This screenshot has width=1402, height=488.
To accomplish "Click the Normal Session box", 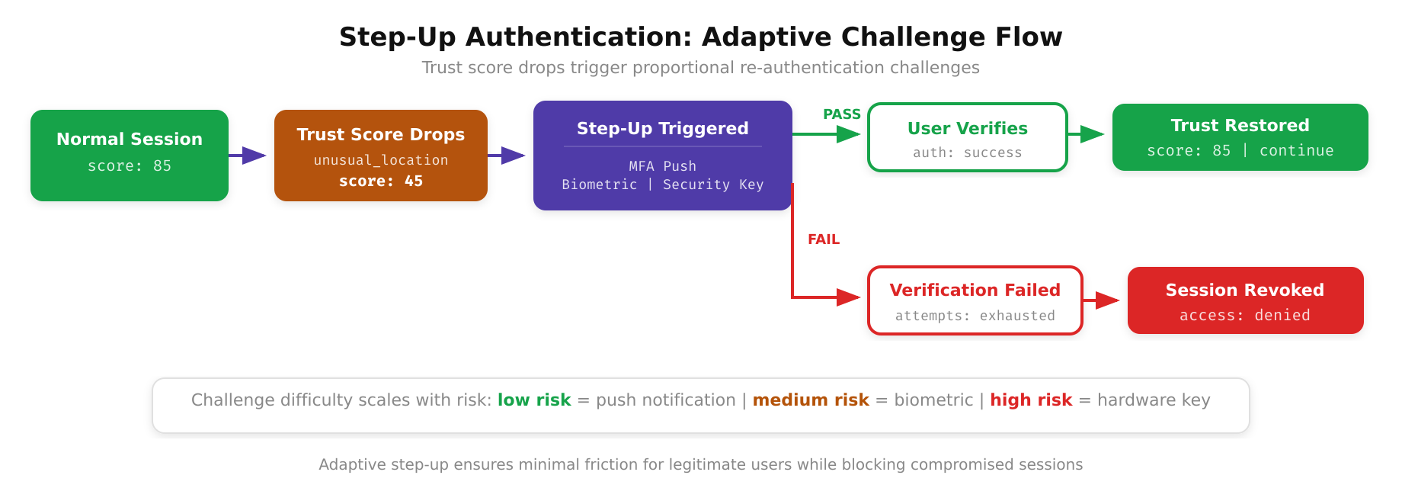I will (x=130, y=155).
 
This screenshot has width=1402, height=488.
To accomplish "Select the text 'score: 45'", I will (x=381, y=181).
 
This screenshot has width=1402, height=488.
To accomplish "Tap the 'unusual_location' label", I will (x=381, y=160).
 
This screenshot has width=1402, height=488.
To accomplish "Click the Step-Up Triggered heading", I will (x=662, y=128).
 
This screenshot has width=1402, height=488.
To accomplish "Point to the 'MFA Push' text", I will (x=662, y=166).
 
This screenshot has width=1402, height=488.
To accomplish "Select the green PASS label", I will (x=841, y=114).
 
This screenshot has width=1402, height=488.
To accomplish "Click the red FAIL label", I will (x=824, y=239).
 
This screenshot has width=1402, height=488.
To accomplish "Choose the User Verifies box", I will (x=968, y=137).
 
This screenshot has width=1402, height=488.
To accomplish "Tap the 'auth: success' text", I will (x=968, y=152).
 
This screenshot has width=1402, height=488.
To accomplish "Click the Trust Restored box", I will (x=1240, y=137).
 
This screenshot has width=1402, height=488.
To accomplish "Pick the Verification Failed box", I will (x=975, y=300).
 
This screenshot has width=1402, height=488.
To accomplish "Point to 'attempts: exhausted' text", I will (x=975, y=316).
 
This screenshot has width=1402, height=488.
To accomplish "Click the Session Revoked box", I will (x=1245, y=300).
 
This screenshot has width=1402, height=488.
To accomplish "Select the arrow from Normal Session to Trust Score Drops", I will (x=248, y=156).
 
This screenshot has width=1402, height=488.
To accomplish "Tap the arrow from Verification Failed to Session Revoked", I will (x=1102, y=300).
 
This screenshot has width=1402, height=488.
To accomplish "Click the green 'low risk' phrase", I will (x=534, y=400).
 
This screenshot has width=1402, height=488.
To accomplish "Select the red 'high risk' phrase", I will (x=1031, y=400).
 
